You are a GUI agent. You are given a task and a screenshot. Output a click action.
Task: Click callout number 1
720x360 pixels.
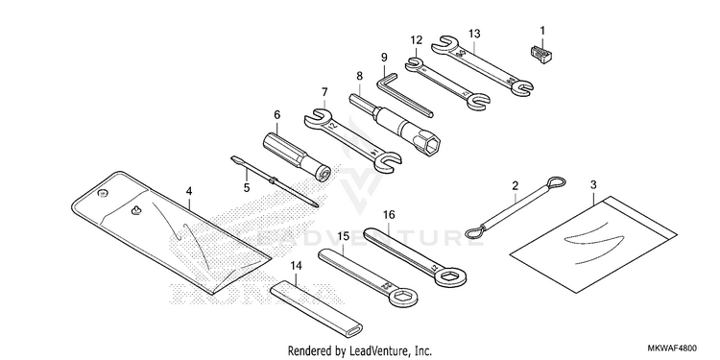542,32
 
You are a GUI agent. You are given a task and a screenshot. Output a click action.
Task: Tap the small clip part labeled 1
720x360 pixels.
541,54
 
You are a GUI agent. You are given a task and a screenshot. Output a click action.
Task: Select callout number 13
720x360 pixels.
474,34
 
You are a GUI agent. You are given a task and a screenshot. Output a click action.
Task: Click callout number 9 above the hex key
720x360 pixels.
384,58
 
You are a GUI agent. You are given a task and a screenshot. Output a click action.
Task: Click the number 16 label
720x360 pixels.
389,215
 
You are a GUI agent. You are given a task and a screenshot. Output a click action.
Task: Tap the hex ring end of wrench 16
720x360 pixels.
448,276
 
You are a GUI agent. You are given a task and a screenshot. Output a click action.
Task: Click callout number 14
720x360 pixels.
297,265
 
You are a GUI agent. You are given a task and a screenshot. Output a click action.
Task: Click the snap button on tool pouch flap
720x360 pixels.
103,194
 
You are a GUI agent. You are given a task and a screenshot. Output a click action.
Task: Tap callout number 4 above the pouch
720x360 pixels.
189,191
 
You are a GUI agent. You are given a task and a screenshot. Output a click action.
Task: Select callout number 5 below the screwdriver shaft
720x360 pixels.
247,187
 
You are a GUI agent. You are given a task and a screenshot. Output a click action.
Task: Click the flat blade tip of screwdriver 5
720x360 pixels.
233,158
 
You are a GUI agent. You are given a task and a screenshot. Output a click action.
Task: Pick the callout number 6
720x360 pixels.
276,114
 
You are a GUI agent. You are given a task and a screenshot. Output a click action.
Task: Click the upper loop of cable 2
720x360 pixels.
554,182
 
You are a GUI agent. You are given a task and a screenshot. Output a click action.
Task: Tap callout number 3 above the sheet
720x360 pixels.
593,185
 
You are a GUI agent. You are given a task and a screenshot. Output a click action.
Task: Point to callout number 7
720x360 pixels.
324,91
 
